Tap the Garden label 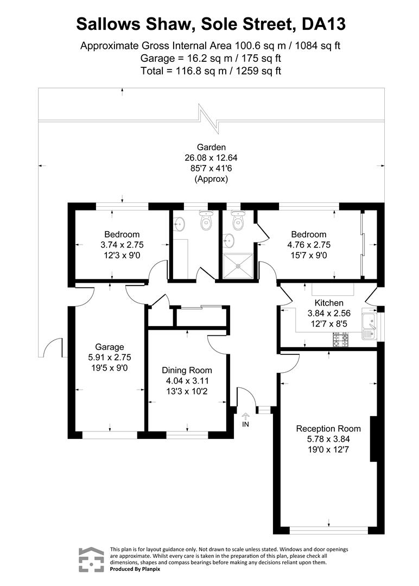211,146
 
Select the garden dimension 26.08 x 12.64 211,157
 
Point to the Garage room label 110,347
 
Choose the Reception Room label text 328,428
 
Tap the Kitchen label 329,303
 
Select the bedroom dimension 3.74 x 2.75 122,245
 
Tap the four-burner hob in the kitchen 341,340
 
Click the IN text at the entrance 245,424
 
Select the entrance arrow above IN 245,415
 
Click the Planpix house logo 91,559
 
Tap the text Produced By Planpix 135,569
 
